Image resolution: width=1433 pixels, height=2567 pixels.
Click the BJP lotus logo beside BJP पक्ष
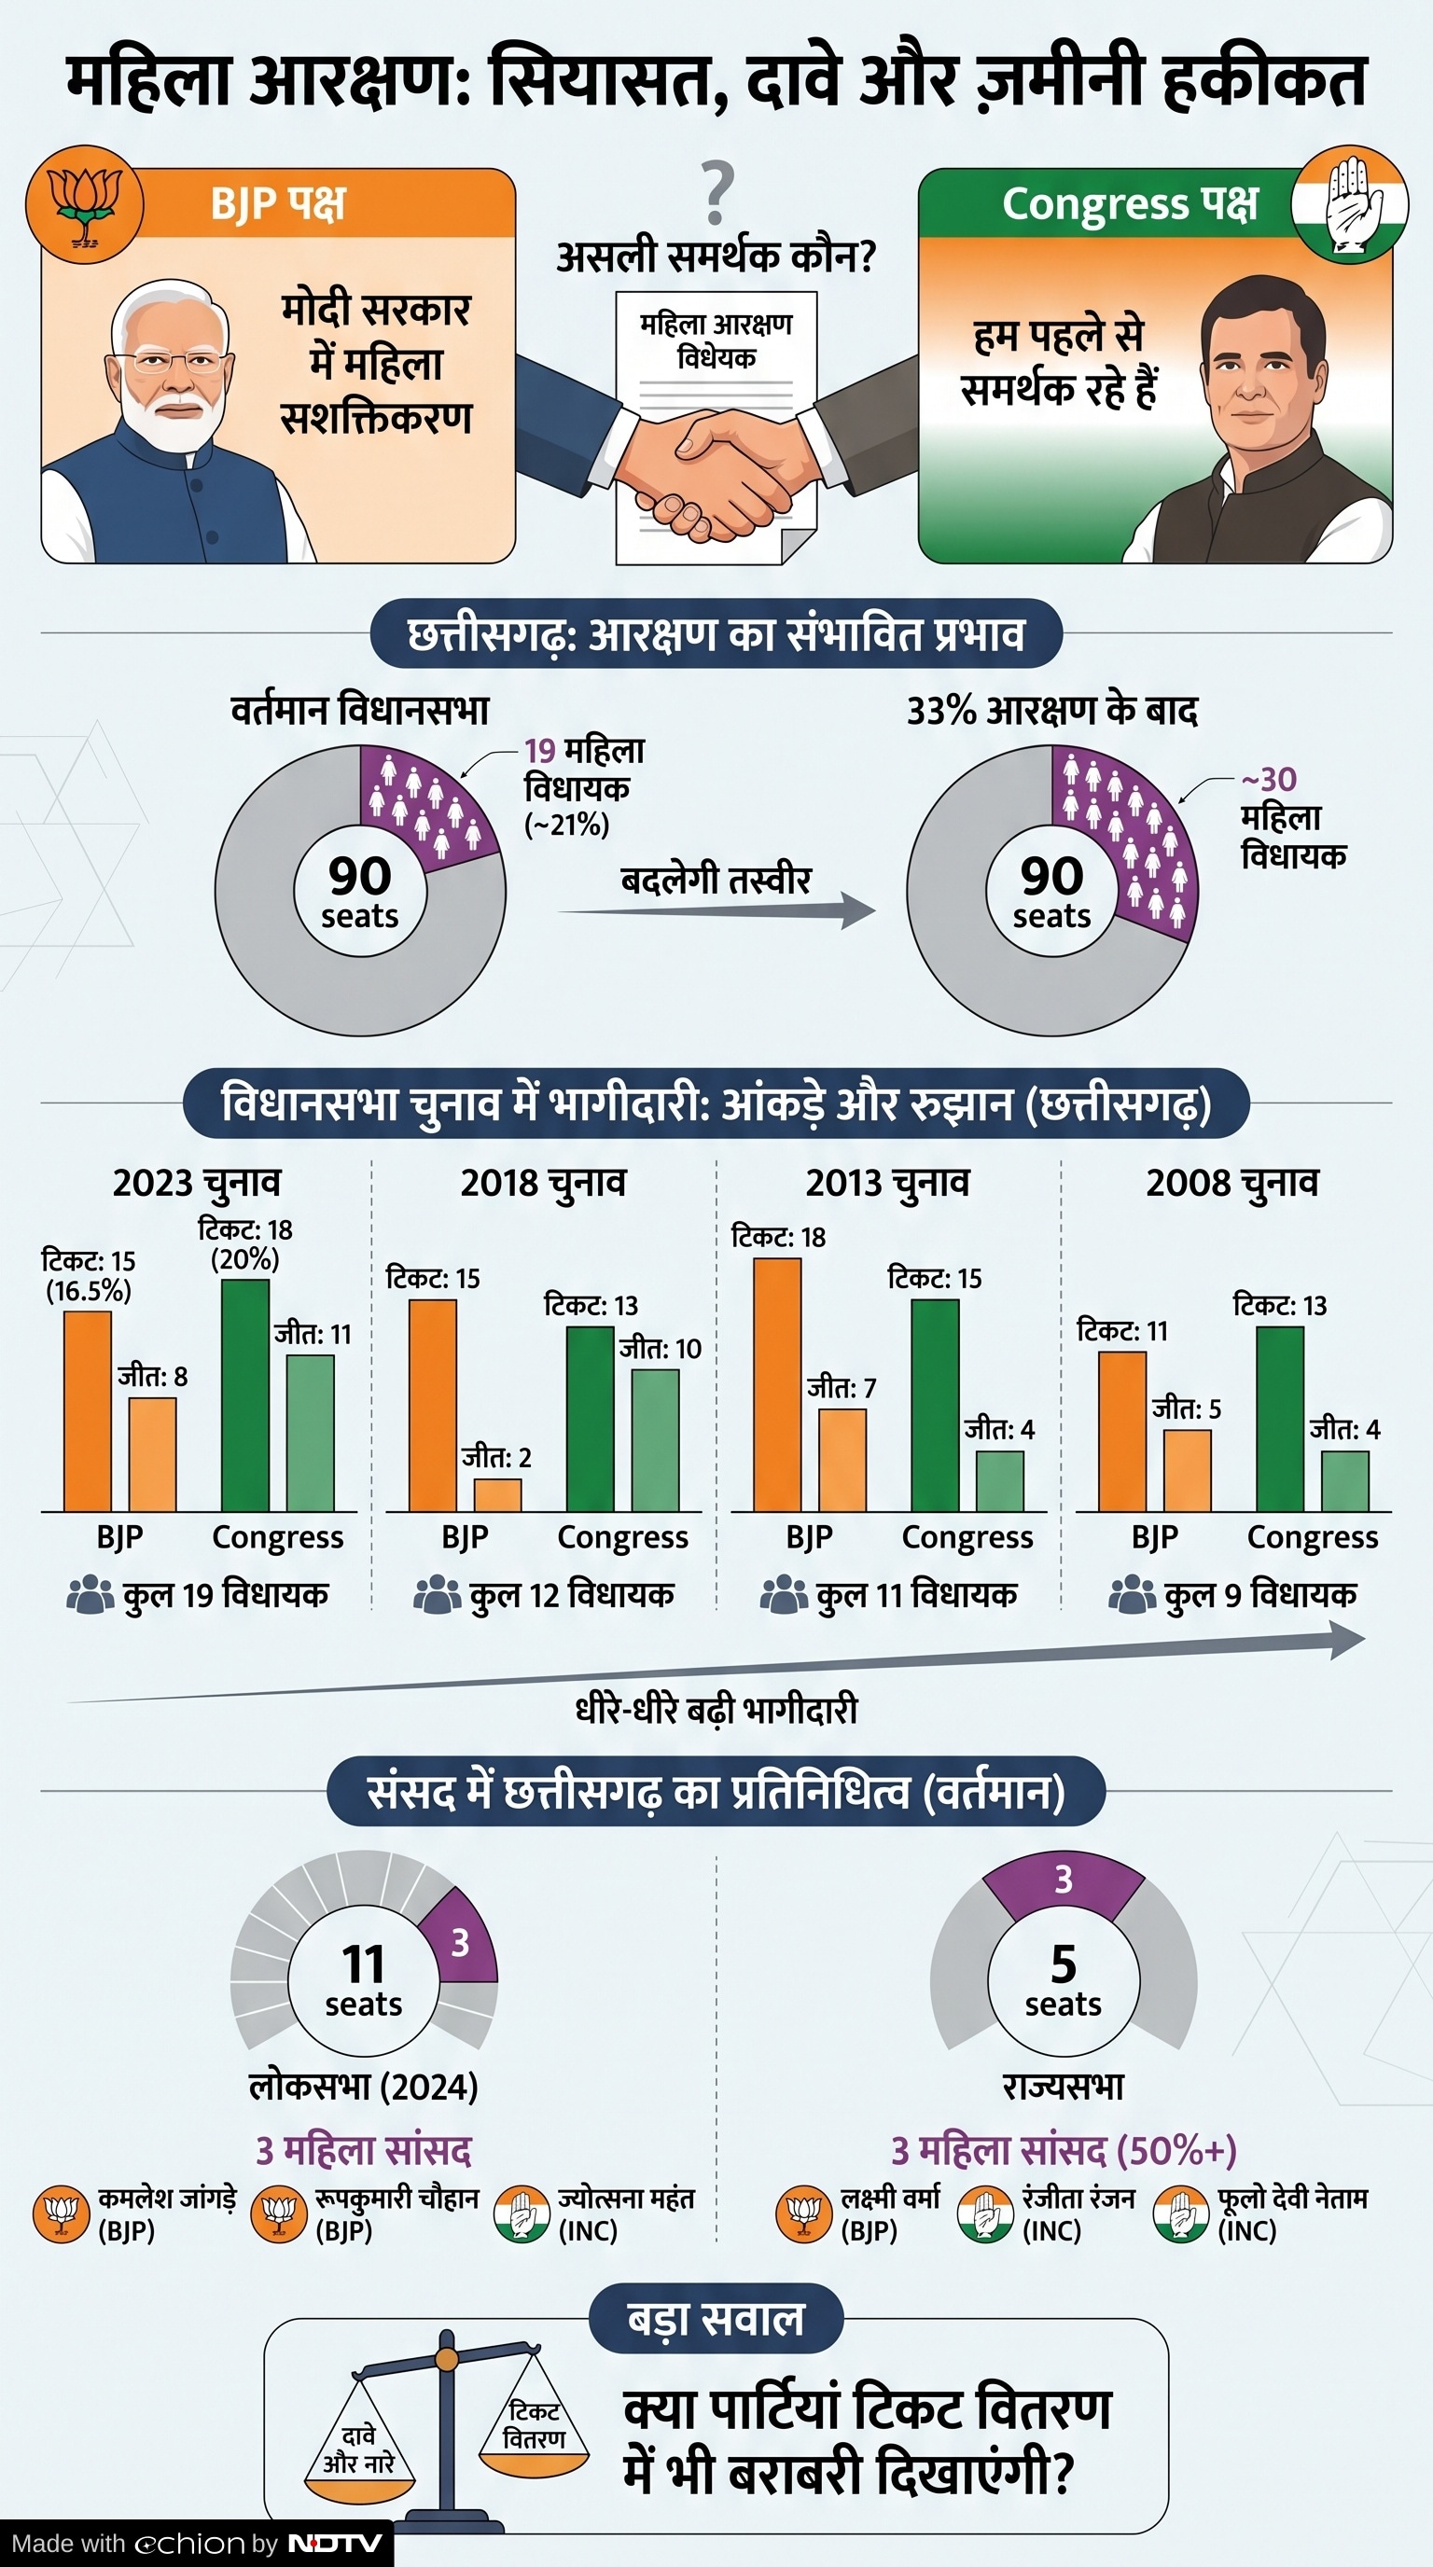(85, 204)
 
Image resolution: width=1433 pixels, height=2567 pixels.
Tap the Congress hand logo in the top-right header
(1350, 204)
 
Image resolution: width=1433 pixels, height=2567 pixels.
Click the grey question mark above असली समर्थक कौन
(716, 193)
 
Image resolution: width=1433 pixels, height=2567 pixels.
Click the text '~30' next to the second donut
(1269, 779)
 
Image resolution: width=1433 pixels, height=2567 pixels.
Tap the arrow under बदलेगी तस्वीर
(717, 909)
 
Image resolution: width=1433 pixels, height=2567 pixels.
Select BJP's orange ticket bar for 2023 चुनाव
(88, 1410)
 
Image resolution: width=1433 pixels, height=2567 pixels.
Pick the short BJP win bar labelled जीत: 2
(497, 1494)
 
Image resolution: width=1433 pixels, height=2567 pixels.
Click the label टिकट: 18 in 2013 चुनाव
(778, 1237)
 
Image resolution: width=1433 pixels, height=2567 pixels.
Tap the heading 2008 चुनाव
(1231, 1183)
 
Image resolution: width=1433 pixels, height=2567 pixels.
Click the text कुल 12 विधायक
(571, 1594)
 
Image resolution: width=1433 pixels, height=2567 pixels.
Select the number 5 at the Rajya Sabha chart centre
(1064, 1963)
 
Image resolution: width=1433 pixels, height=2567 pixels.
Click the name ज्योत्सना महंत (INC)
(626, 2214)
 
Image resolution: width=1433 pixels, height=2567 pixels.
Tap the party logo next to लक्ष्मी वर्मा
(803, 2214)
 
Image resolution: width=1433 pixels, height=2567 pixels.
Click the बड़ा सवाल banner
(716, 2319)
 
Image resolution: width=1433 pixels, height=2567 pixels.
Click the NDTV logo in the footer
(335, 2544)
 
